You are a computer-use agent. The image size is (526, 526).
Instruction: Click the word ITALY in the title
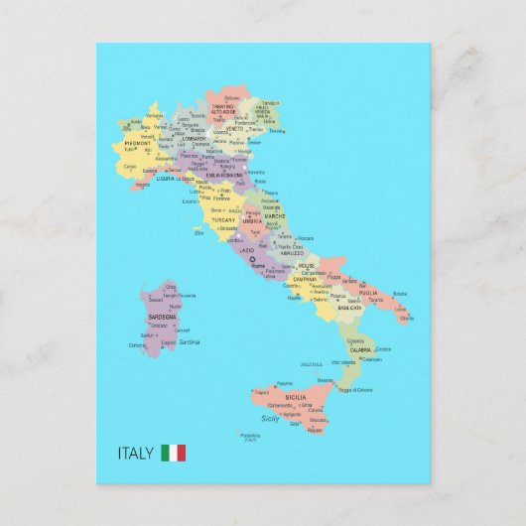[x=136, y=454]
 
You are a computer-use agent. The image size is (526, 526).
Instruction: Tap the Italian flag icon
[x=174, y=454]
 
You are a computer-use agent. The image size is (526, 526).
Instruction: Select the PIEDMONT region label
[x=138, y=143]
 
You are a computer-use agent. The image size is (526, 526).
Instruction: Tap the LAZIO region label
[x=247, y=251]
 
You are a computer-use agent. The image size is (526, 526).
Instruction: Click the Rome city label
[x=258, y=266]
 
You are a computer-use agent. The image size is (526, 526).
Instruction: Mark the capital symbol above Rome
[x=251, y=260]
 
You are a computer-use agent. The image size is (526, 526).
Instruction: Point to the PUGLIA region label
[x=368, y=293]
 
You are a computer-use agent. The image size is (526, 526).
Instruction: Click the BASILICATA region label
[x=349, y=309]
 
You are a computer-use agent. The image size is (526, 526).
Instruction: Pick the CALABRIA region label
[x=360, y=349]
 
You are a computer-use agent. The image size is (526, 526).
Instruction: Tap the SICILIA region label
[x=295, y=397]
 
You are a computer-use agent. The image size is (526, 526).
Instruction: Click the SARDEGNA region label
[x=162, y=317]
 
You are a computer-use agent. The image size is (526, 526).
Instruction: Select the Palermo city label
[x=285, y=383]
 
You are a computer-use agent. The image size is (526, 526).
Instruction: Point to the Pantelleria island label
[x=250, y=436]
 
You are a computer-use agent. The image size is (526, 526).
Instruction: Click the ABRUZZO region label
[x=291, y=253]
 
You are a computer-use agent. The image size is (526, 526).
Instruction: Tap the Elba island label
[x=198, y=232]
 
